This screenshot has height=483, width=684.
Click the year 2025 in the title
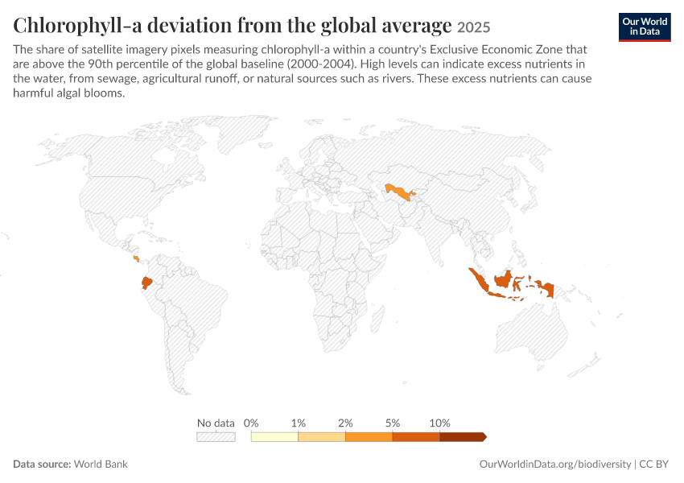coord(474,27)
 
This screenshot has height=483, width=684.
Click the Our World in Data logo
coord(645,27)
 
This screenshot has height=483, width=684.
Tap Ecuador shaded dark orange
coord(147,283)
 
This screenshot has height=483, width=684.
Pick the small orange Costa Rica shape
coord(136,258)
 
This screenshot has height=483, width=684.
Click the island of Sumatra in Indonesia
coord(480,281)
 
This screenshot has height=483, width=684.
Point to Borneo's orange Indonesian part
coord(503,279)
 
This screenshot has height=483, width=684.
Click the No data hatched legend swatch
coord(216,437)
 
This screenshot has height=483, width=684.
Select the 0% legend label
coord(251,423)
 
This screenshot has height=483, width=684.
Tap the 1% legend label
coord(299,423)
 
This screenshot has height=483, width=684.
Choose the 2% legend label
coord(345,423)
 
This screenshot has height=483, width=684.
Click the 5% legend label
coord(393,423)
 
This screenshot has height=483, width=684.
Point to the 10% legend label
coord(439,423)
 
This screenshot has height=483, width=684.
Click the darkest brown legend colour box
coord(463,437)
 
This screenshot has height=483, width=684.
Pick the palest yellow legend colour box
coord(275,437)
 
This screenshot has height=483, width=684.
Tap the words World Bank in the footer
coord(101,464)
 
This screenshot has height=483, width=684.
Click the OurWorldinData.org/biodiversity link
coord(555,464)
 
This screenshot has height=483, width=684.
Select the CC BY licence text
coord(654,464)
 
